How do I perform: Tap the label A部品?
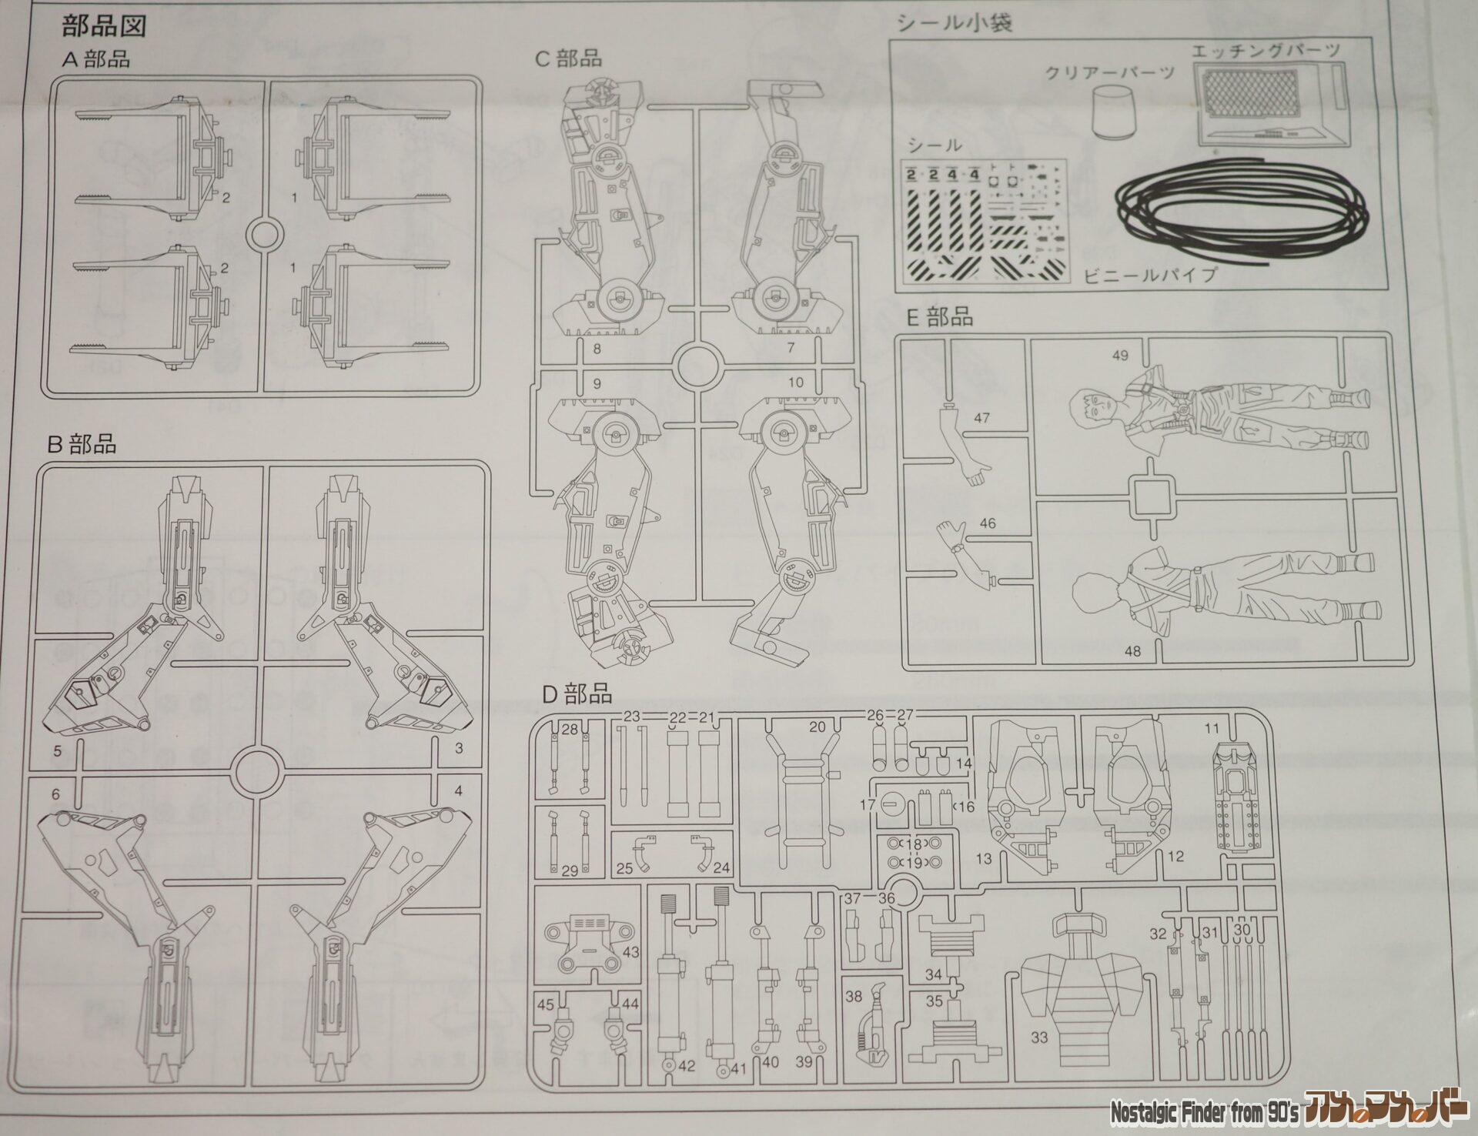click(x=96, y=59)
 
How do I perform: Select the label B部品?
click(x=82, y=444)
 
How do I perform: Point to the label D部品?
click(x=577, y=694)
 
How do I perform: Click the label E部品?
click(x=939, y=318)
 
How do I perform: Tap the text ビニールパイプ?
click(x=1150, y=276)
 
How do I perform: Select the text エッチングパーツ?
click(x=1266, y=51)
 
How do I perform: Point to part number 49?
click(x=1120, y=356)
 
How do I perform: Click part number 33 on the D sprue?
click(x=1039, y=1037)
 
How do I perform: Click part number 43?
click(x=630, y=953)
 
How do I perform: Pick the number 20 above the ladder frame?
click(x=817, y=727)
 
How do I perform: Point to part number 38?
click(x=853, y=996)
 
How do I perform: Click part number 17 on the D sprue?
click(x=869, y=806)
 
